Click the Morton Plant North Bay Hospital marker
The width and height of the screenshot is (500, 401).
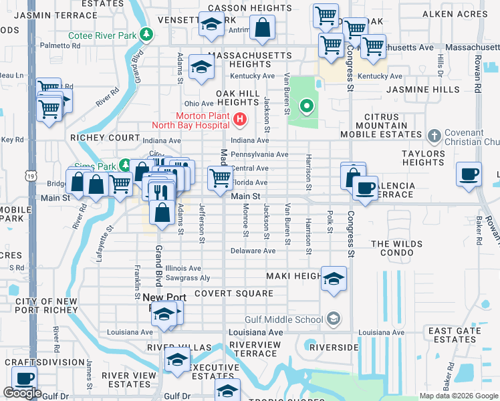240,120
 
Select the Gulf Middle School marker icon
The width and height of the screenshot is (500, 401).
334,319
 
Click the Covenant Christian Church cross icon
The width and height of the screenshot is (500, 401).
434,136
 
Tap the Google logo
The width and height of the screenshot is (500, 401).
22,393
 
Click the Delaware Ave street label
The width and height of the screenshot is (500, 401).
253,251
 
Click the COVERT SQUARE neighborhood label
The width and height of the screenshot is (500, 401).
234,293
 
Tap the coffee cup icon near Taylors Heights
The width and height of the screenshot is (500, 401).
469,174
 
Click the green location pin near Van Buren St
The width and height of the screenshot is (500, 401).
306,106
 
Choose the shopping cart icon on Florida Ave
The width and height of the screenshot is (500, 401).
220,177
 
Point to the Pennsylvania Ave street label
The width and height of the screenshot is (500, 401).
259,154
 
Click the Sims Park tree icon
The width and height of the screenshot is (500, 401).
124,165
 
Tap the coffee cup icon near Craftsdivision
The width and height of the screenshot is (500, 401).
24,378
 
